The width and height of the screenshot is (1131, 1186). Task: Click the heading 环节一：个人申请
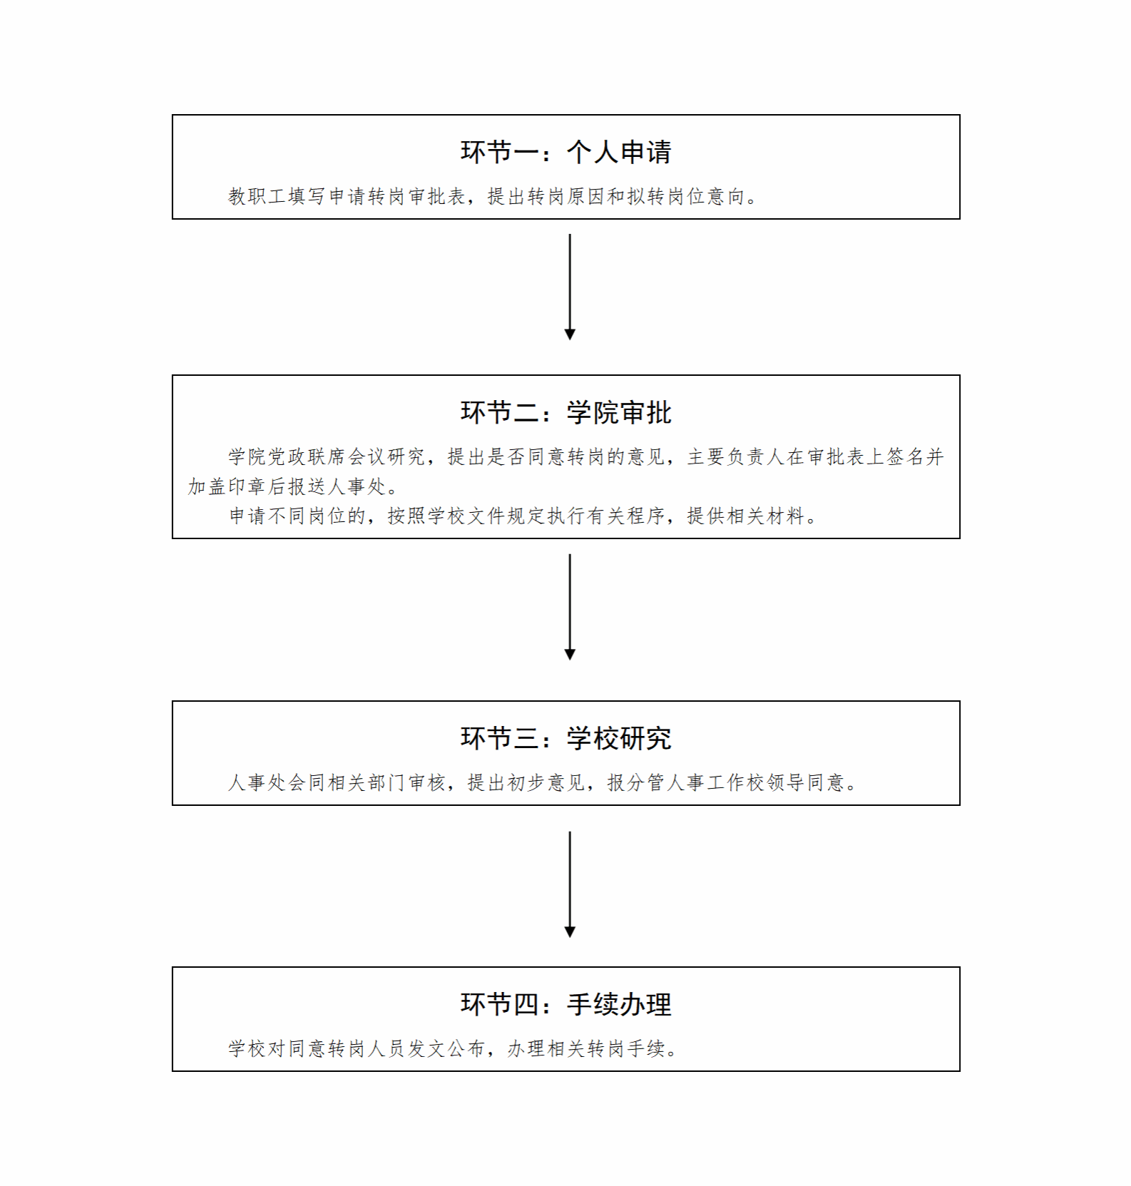[565, 152]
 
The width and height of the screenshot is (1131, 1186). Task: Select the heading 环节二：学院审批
[565, 413]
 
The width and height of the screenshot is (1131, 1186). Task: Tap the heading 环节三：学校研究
[565, 739]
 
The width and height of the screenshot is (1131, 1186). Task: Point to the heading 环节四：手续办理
[565, 1005]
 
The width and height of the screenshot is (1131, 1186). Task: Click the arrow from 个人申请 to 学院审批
[570, 287]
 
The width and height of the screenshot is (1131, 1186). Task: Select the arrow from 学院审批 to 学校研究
[570, 607]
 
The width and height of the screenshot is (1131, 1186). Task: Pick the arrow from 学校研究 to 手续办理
[570, 884]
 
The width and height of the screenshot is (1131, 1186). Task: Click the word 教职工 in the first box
[257, 196]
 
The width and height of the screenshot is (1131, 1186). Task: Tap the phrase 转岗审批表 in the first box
[417, 196]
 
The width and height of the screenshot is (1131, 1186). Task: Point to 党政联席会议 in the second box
[327, 457]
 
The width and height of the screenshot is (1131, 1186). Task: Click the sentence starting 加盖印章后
[294, 487]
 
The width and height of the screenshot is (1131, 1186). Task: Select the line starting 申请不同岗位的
[523, 516]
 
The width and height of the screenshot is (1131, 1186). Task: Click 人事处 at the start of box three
[257, 783]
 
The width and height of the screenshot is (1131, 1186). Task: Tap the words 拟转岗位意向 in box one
[686, 196]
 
